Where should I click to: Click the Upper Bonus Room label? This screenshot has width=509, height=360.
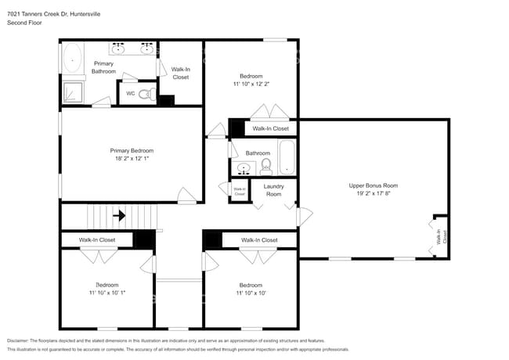point(374,185)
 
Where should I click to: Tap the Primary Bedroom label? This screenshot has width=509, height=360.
point(132,150)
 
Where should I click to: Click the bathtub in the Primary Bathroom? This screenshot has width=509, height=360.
point(73,59)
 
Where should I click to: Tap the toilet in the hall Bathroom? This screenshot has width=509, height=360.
point(265,165)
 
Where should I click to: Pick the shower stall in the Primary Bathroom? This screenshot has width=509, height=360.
point(73,91)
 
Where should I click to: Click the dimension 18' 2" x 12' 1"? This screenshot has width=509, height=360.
point(132,160)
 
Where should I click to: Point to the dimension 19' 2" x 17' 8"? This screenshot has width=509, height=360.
point(374,195)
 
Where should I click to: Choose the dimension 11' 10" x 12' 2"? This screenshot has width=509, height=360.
point(251,85)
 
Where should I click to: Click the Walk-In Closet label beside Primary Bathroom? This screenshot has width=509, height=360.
point(180,73)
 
